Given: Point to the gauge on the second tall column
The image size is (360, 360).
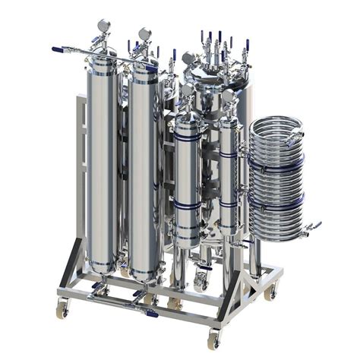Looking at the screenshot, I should [144, 35].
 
